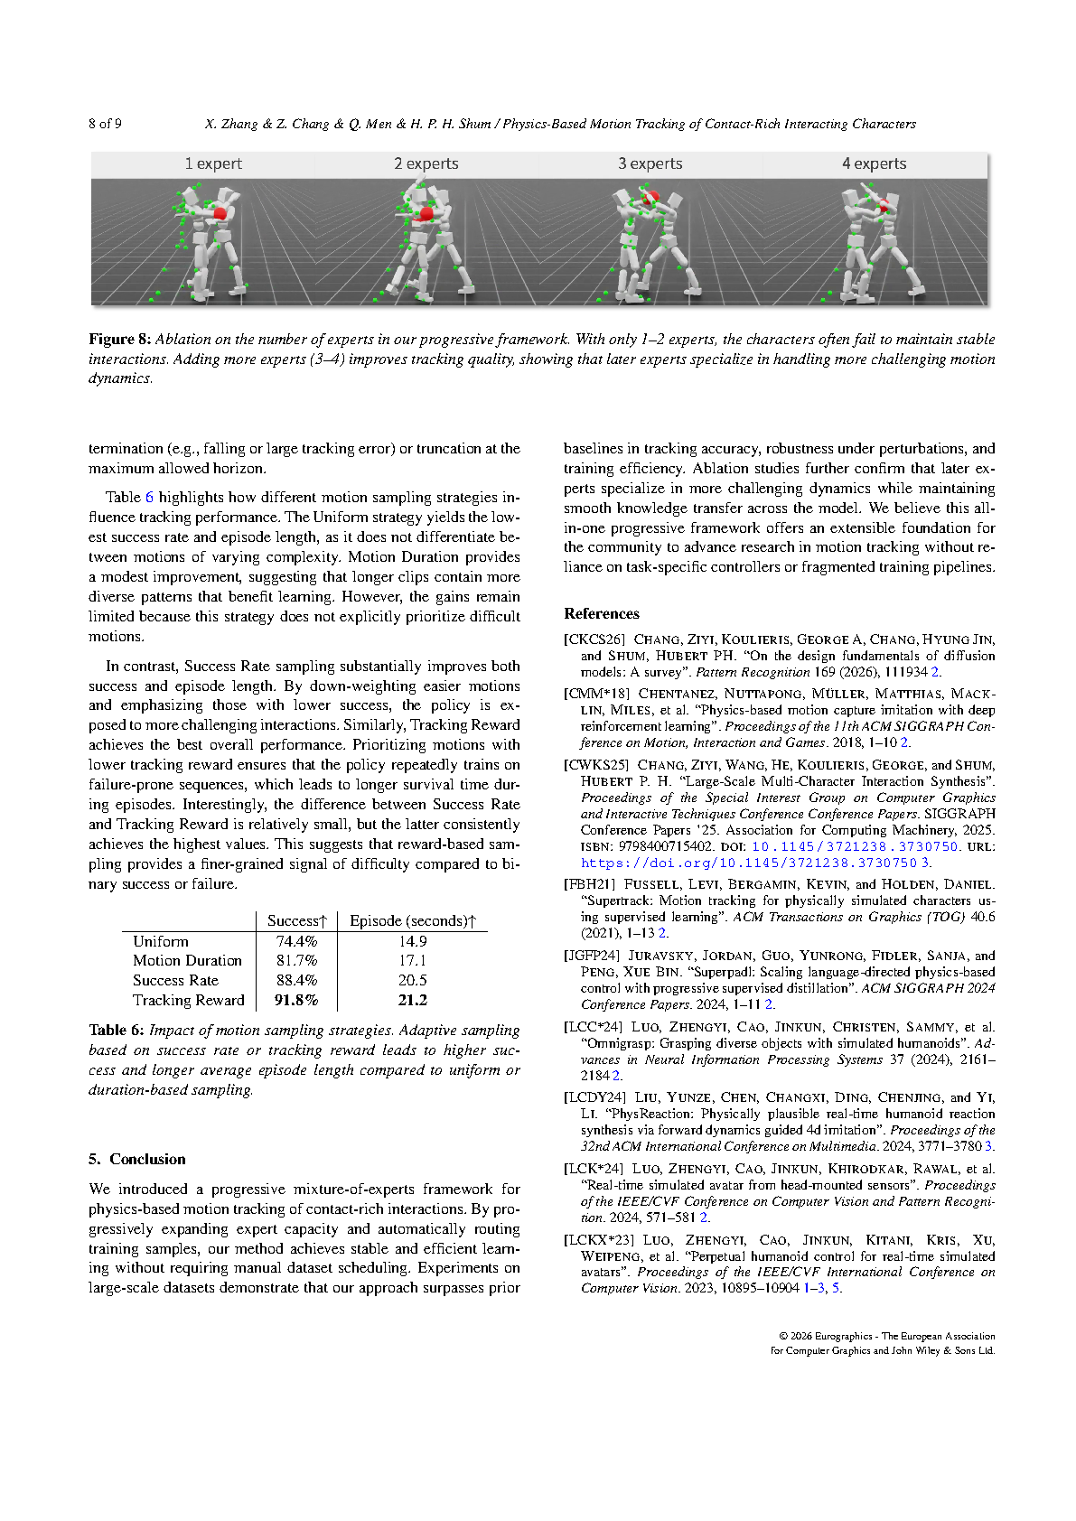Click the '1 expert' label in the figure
click(213, 163)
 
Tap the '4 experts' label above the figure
click(874, 163)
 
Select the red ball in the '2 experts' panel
click(426, 214)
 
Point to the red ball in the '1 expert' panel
click(220, 213)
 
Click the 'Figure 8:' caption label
click(119, 340)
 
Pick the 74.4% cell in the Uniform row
click(296, 941)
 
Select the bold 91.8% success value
click(296, 1000)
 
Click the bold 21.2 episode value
click(412, 1000)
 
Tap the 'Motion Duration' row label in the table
click(187, 961)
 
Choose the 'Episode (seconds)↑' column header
click(412, 920)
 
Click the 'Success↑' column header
click(296, 920)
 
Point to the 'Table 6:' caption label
click(117, 1031)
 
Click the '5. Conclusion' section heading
click(137, 1160)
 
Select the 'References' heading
click(601, 614)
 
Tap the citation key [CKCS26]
click(594, 639)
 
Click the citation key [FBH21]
click(589, 885)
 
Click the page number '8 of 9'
click(105, 124)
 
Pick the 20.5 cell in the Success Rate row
click(412, 980)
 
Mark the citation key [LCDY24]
click(594, 1097)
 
